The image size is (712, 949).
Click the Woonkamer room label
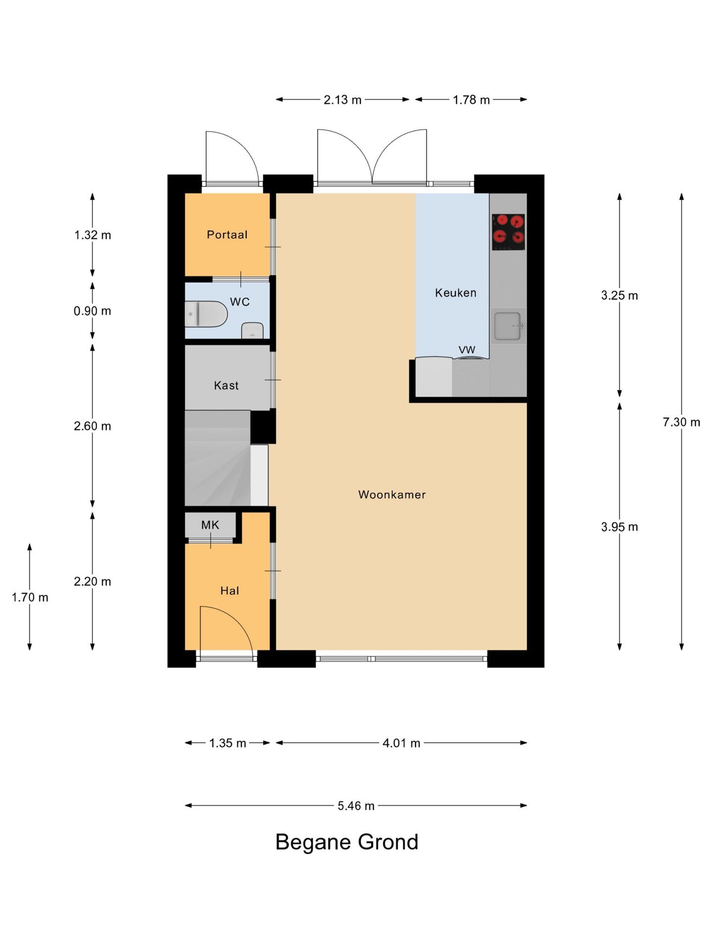[392, 495]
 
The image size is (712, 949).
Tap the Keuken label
[455, 293]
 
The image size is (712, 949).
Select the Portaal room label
[227, 235]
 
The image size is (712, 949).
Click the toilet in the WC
[206, 314]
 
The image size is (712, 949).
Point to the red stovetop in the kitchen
[508, 232]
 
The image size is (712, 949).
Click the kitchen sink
[508, 326]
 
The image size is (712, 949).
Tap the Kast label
[226, 386]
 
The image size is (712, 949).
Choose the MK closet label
[210, 525]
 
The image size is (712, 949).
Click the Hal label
[229, 591]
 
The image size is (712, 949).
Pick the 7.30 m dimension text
[681, 422]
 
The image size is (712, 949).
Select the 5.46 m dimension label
[356, 806]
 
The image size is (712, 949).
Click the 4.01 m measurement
[401, 743]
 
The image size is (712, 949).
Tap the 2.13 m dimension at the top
[343, 100]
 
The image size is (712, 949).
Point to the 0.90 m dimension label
[92, 311]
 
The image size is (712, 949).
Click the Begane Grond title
[347, 842]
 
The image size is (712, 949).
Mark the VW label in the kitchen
[467, 350]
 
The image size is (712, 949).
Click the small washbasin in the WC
[252, 331]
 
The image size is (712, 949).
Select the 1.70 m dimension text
[30, 597]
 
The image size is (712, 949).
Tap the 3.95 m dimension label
[620, 527]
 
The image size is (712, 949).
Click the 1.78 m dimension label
[471, 100]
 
